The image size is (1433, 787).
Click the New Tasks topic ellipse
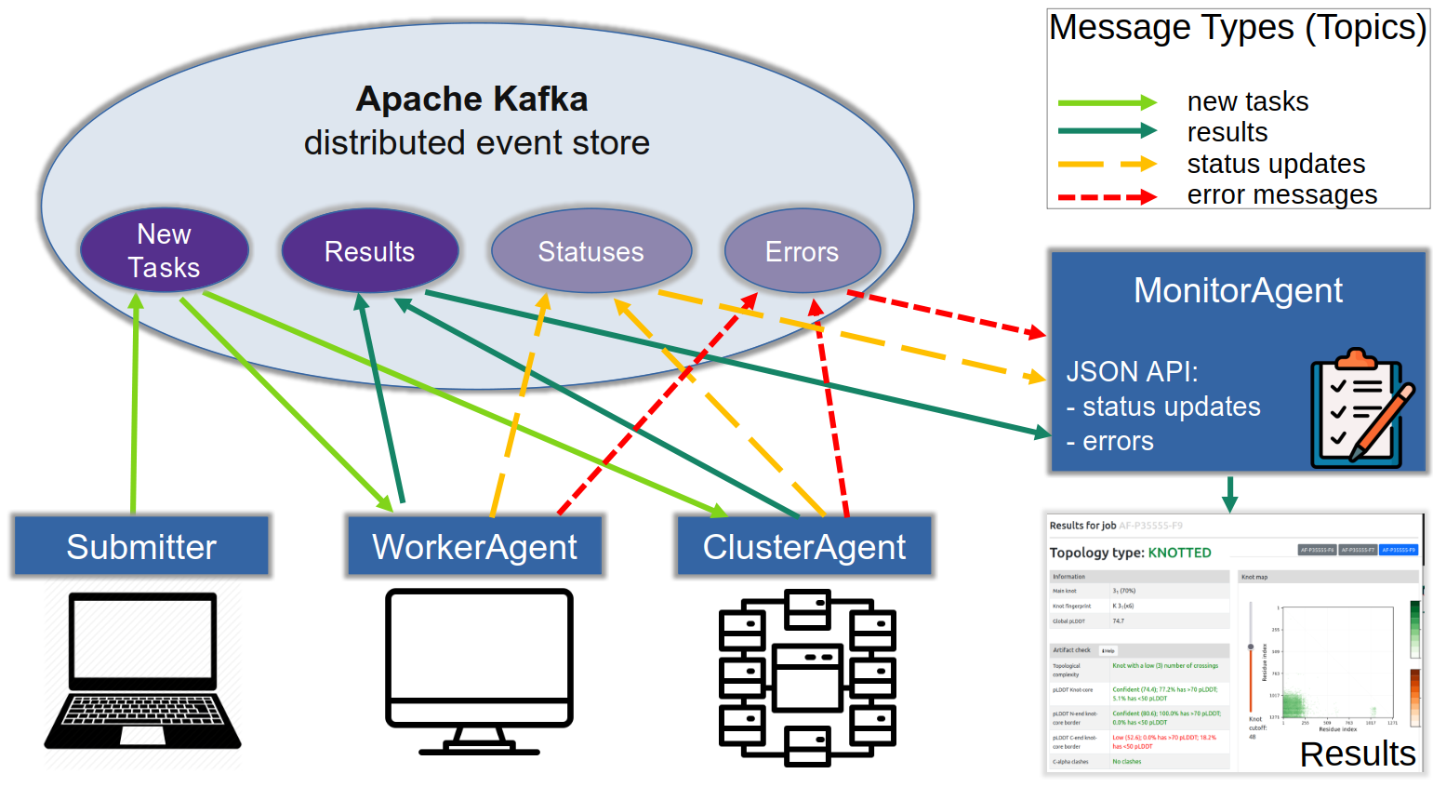165,250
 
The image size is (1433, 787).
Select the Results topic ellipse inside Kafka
369,251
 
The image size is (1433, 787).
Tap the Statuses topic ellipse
591,251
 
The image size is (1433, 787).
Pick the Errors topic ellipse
802,251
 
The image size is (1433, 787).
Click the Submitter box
141,546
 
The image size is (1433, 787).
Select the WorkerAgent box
474,546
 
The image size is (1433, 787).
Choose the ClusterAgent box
804,546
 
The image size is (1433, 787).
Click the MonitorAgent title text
1238,290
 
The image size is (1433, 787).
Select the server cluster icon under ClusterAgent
807,676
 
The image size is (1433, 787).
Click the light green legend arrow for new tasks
1107,102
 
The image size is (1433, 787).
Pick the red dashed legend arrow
1107,197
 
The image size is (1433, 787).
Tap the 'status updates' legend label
1276,164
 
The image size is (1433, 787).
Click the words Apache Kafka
471,99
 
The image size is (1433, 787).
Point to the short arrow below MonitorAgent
1229,494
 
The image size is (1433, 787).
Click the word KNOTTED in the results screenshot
1179,553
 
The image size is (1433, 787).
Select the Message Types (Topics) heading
1237,28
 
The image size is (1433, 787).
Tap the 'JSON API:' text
1132,371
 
